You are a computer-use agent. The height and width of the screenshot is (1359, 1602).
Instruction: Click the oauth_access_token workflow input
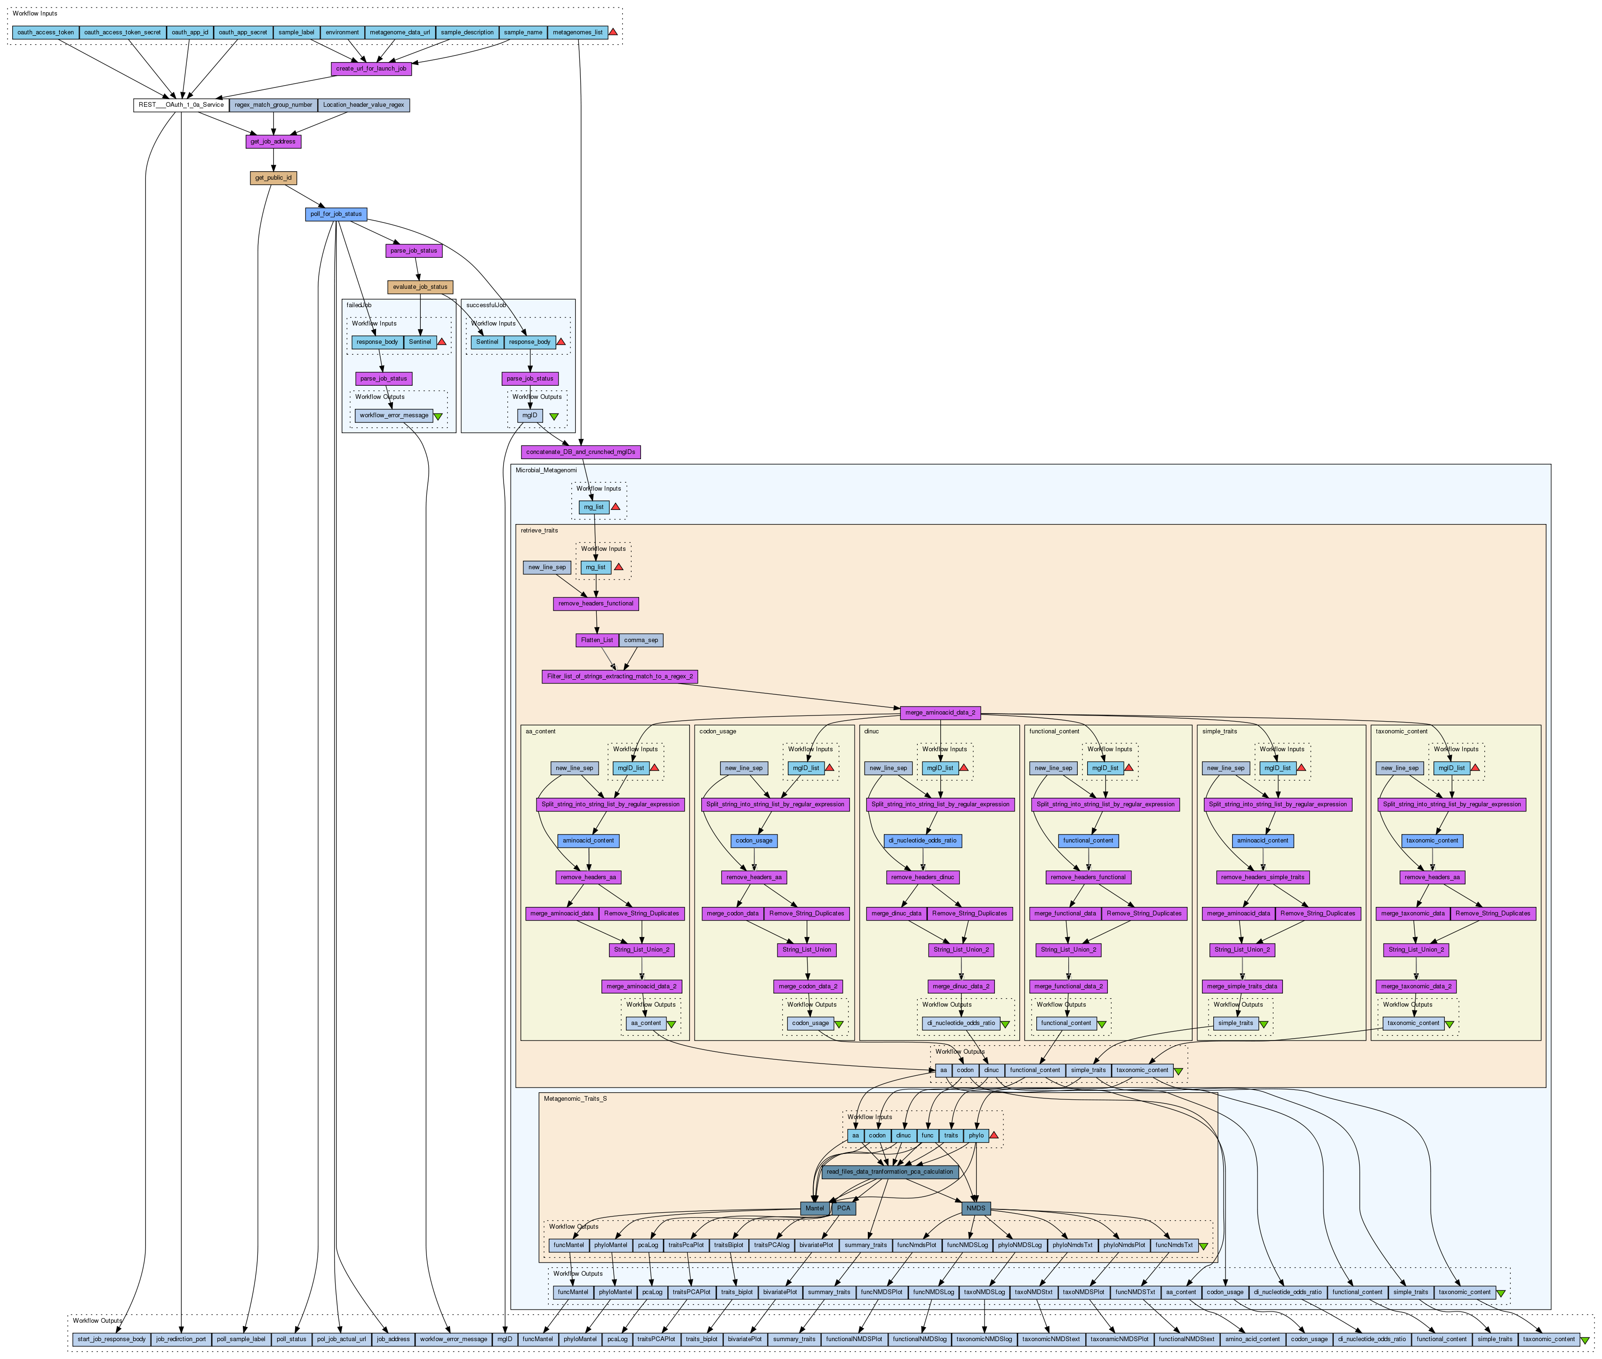pyautogui.click(x=46, y=32)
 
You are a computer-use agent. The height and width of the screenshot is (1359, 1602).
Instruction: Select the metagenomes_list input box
pyautogui.click(x=577, y=32)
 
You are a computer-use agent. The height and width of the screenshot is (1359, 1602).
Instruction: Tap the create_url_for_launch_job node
pyautogui.click(x=371, y=69)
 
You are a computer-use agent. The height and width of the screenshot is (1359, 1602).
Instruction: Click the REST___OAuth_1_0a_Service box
pyautogui.click(x=181, y=105)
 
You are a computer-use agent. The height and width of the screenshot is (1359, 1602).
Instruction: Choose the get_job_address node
pyautogui.click(x=273, y=142)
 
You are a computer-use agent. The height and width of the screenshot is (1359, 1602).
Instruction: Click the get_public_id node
pyautogui.click(x=273, y=178)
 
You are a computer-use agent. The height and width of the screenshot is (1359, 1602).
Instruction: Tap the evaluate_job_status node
pyautogui.click(x=420, y=286)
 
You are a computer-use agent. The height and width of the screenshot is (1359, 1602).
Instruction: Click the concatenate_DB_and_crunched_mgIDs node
pyautogui.click(x=580, y=452)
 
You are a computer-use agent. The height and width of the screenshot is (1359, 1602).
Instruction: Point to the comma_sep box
pyautogui.click(x=641, y=640)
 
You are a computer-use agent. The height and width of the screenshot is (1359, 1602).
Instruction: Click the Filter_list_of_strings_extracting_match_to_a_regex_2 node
pyautogui.click(x=619, y=676)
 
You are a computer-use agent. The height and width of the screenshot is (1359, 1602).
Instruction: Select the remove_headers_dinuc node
pyautogui.click(x=922, y=877)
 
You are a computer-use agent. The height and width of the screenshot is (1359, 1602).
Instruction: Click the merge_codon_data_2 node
pyautogui.click(x=808, y=986)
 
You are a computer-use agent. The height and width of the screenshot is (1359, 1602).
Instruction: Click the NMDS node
pyautogui.click(x=976, y=1208)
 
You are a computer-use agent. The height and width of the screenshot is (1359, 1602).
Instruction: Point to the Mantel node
pyautogui.click(x=815, y=1208)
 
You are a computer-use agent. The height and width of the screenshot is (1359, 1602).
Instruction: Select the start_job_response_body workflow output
pyautogui.click(x=111, y=1339)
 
